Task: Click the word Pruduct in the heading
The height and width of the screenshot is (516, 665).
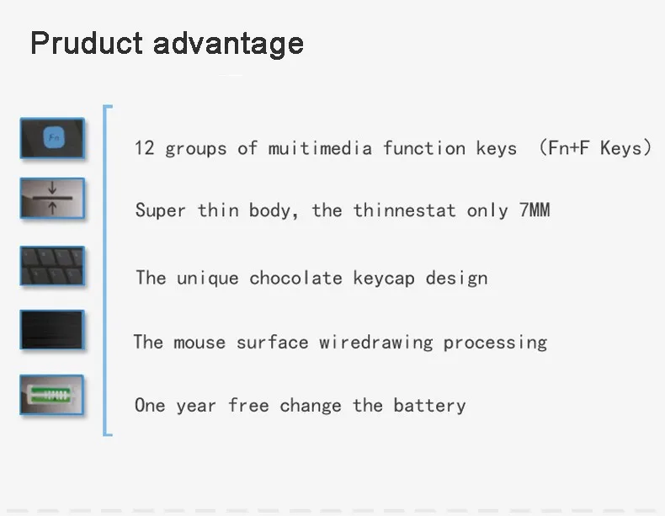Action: pos(87,43)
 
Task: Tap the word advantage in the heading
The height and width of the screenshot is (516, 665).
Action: pos(229,45)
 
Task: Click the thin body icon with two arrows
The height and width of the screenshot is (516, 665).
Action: pos(52,199)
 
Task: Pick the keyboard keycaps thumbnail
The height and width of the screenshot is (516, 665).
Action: pos(52,266)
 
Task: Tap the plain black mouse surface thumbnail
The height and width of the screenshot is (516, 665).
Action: pos(52,330)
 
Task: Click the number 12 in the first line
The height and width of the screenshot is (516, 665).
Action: pos(144,148)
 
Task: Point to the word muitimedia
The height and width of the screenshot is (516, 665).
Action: pos(320,148)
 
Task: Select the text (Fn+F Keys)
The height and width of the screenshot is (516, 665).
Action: pos(594,148)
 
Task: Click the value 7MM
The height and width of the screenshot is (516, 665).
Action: pos(535,210)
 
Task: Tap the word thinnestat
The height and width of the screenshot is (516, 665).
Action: pos(405,210)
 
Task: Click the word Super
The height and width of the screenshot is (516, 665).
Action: pos(160,210)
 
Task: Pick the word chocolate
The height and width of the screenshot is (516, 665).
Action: pos(295,278)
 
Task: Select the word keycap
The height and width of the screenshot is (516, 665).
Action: pos(384,279)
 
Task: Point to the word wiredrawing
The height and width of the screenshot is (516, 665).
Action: pos(376,343)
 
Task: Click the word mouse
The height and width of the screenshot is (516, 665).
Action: pos(199,343)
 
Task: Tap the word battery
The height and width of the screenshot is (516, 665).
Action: pos(429,406)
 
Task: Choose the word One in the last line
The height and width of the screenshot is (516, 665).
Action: pos(150,406)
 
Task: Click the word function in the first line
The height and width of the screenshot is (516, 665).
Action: pos(424,148)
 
